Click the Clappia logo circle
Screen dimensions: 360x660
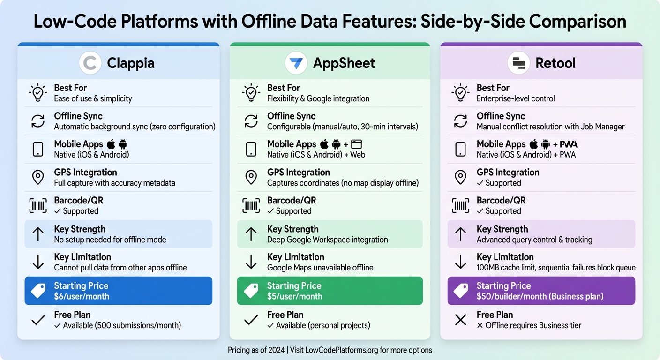click(90, 63)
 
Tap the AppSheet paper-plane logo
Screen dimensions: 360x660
click(296, 63)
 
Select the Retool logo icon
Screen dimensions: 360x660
click(519, 63)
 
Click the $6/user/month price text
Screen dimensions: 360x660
click(82, 296)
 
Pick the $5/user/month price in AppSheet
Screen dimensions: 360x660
click(294, 296)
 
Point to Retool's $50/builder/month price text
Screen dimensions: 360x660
click(540, 296)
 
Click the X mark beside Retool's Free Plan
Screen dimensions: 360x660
click(461, 320)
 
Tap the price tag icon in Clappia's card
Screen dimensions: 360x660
click(38, 291)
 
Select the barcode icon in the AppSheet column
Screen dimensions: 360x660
click(251, 205)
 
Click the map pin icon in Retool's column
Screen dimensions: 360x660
click(461, 177)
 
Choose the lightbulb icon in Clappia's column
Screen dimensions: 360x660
click(38, 93)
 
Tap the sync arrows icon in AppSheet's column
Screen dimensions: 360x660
click(251, 121)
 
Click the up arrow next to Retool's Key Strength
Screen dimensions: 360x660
click(461, 234)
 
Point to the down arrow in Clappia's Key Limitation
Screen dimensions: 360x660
click(38, 262)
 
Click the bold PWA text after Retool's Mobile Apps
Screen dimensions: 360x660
click(569, 144)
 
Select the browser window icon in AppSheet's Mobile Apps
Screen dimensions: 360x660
click(357, 144)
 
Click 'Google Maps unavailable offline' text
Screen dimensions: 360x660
click(320, 268)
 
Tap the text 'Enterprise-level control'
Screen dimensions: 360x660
click(516, 98)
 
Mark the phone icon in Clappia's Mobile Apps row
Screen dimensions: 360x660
click(38, 149)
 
